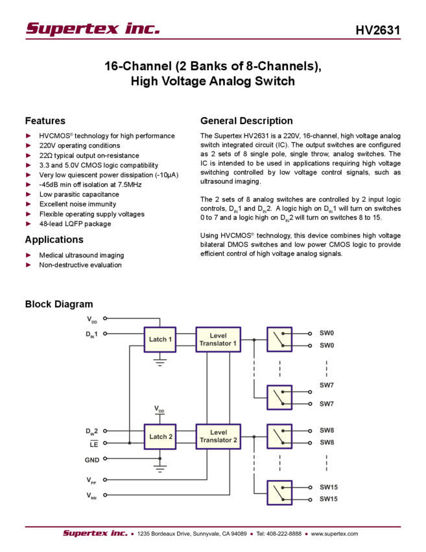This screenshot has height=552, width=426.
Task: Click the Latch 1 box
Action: [160, 340]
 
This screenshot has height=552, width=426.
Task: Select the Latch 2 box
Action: [160, 436]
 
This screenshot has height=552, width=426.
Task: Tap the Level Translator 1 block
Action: [219, 340]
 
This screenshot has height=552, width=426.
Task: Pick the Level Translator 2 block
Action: [219, 436]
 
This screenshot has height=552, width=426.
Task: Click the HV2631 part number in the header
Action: [378, 30]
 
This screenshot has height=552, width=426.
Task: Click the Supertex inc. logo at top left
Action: [93, 29]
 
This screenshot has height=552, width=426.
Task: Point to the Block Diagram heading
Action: [59, 304]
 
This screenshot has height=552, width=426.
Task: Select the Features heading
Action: [45, 121]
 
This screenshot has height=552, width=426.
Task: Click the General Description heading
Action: [246, 121]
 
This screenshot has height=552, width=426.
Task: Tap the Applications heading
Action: [54, 240]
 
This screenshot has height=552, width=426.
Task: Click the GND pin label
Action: [91, 460]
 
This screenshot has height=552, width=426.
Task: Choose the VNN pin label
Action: [91, 496]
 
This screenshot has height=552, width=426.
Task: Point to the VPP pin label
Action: [91, 480]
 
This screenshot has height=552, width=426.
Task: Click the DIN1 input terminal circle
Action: [105, 333]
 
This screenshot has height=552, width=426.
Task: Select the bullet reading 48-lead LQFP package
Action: [75, 224]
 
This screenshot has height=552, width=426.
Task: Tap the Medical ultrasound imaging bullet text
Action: [82, 255]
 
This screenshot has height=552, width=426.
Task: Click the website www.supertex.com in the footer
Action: [335, 534]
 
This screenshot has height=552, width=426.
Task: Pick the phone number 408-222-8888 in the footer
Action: [284, 534]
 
